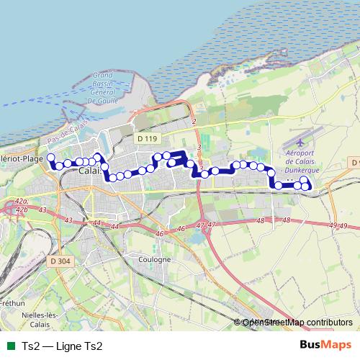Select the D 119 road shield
click(x=145, y=138)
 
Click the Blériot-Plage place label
click(x=22, y=158)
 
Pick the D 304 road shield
click(x=62, y=261)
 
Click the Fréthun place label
click(x=11, y=303)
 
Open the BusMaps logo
click(x=324, y=346)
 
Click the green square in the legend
click(x=9, y=346)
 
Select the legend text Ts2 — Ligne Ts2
click(x=63, y=346)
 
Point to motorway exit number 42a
click(x=21, y=201)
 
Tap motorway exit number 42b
click(x=20, y=210)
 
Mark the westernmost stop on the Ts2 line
click(x=50, y=157)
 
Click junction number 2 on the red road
click(x=194, y=122)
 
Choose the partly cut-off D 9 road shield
click(x=355, y=163)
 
